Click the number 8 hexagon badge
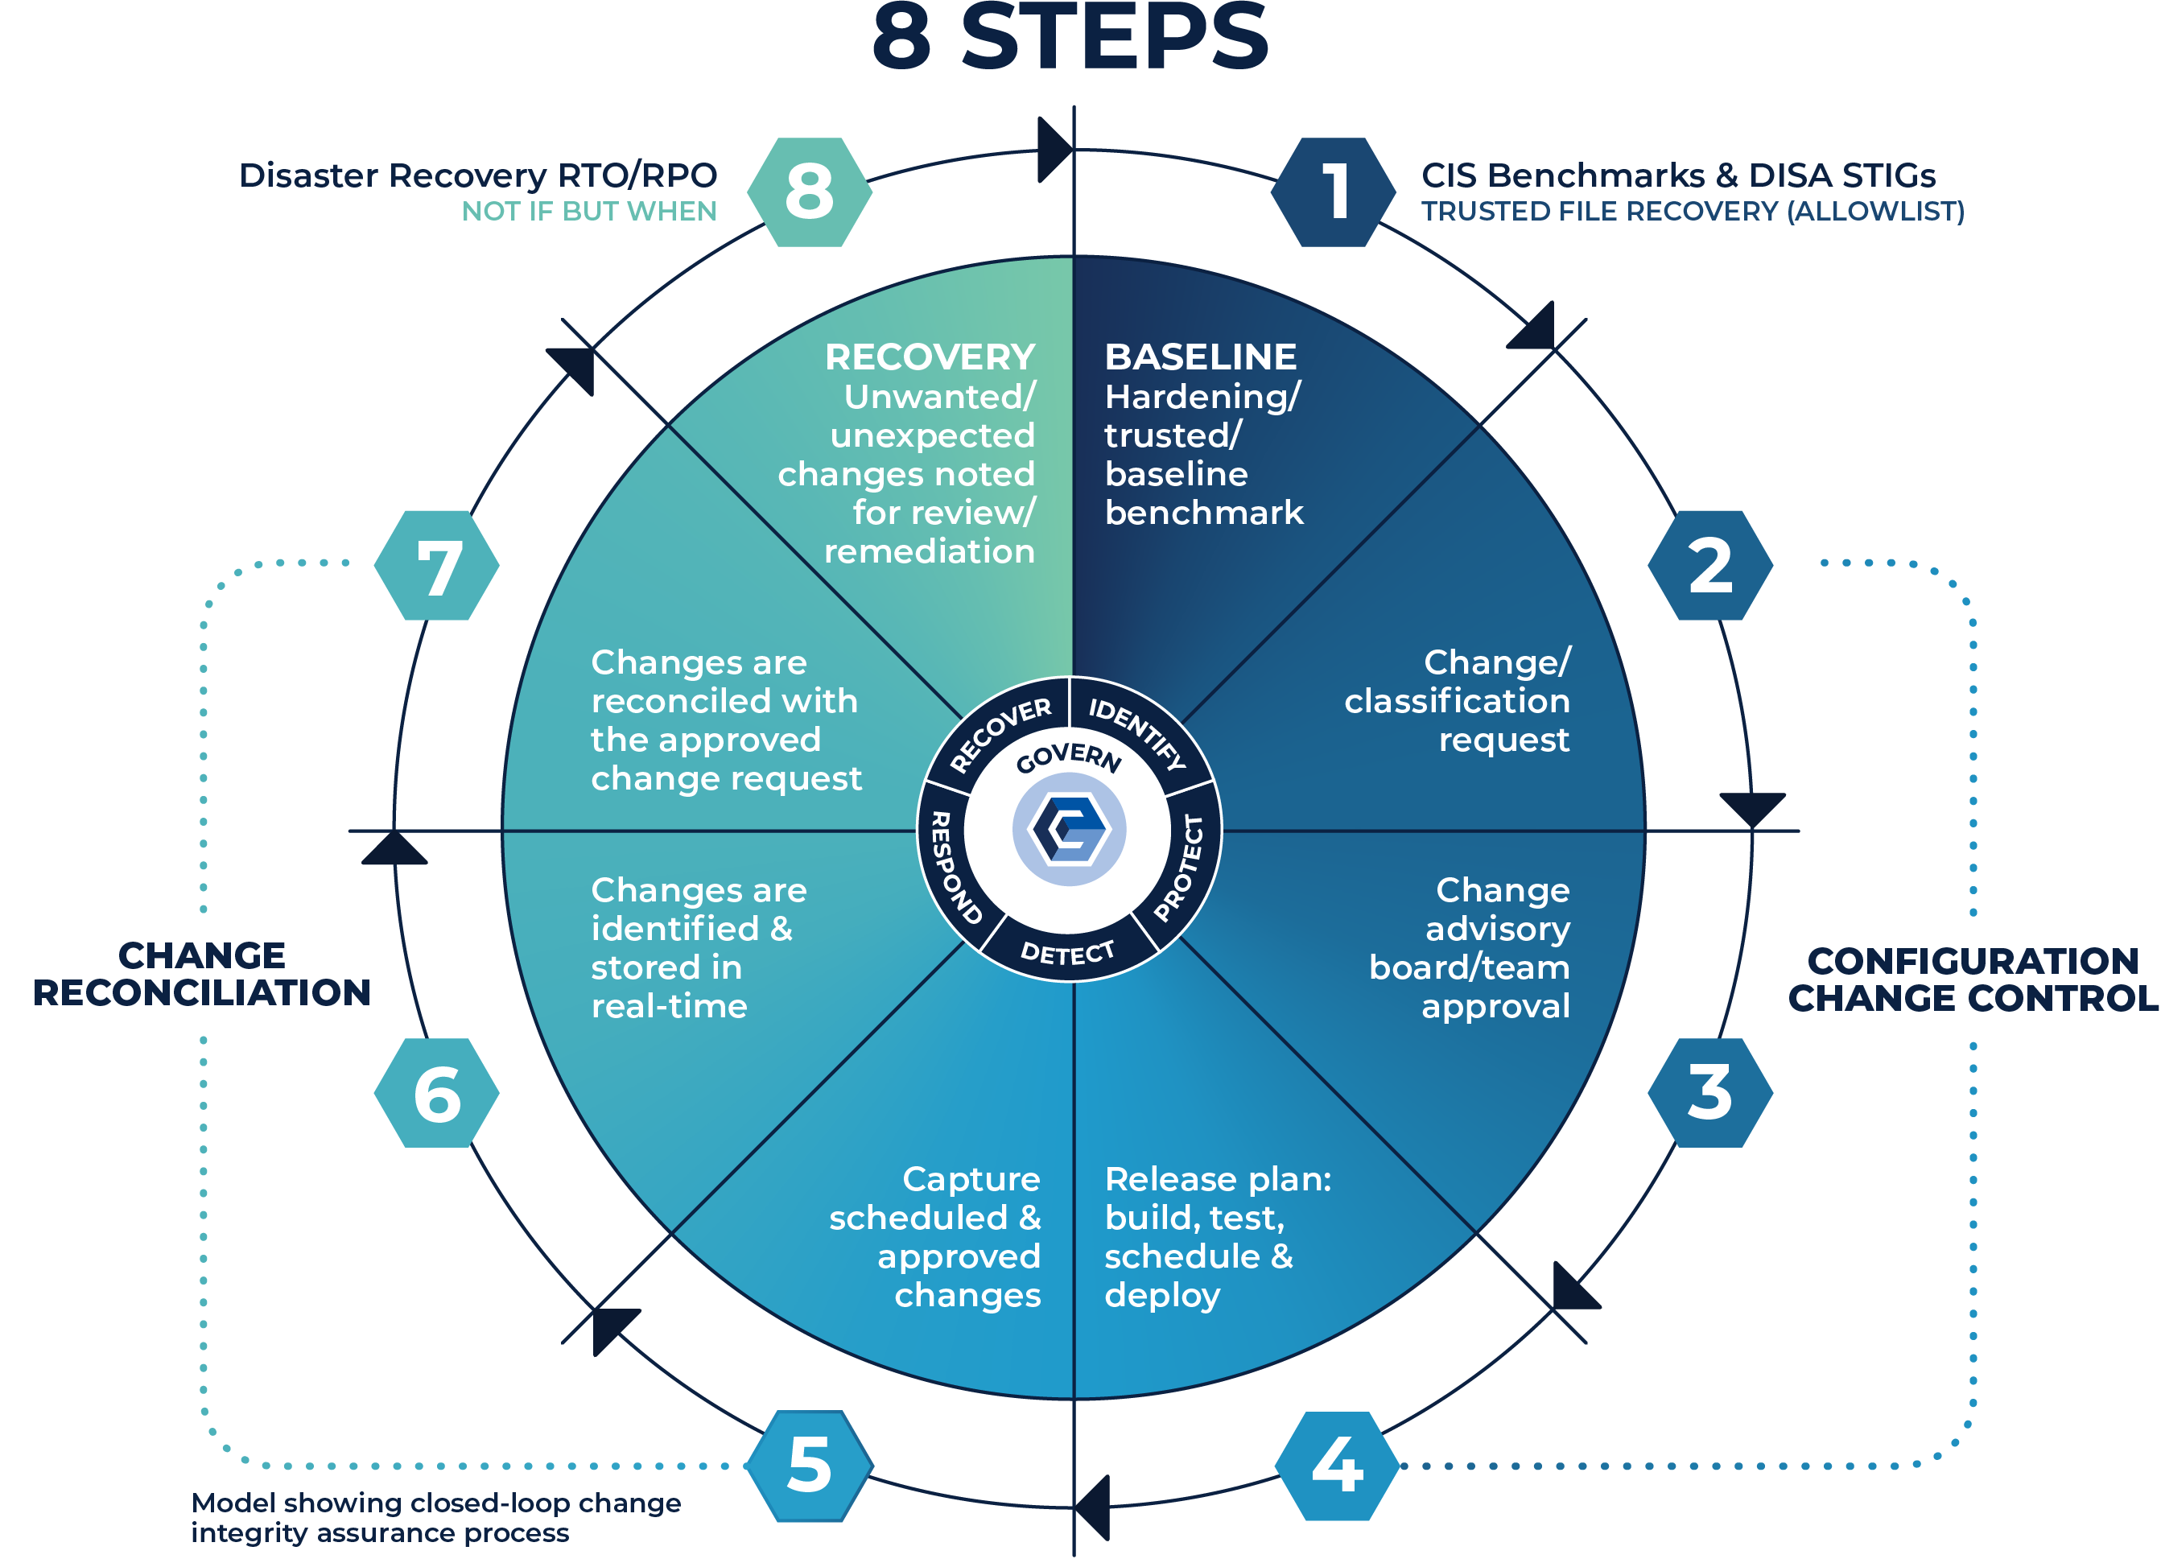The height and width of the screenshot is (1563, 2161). tap(809, 192)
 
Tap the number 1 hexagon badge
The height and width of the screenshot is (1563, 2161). tap(1335, 192)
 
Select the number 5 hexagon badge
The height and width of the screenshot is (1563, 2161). tap(809, 1465)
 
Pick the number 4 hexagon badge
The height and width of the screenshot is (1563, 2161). tap(1337, 1465)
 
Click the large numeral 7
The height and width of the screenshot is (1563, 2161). tap(439, 570)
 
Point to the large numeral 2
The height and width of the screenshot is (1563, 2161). tap(1710, 566)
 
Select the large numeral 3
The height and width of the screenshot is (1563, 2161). tap(1709, 1092)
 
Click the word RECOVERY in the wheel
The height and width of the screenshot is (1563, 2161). tap(929, 357)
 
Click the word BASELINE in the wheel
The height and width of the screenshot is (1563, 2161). tap(1201, 357)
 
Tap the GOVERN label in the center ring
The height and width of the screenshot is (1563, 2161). tap(1068, 757)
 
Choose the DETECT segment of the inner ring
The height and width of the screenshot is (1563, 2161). tap(1067, 952)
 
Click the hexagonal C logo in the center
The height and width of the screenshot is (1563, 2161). tap(1068, 828)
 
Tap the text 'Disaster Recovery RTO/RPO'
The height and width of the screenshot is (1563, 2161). tap(477, 176)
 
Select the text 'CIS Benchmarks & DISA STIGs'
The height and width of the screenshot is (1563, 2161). tap(1678, 176)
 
